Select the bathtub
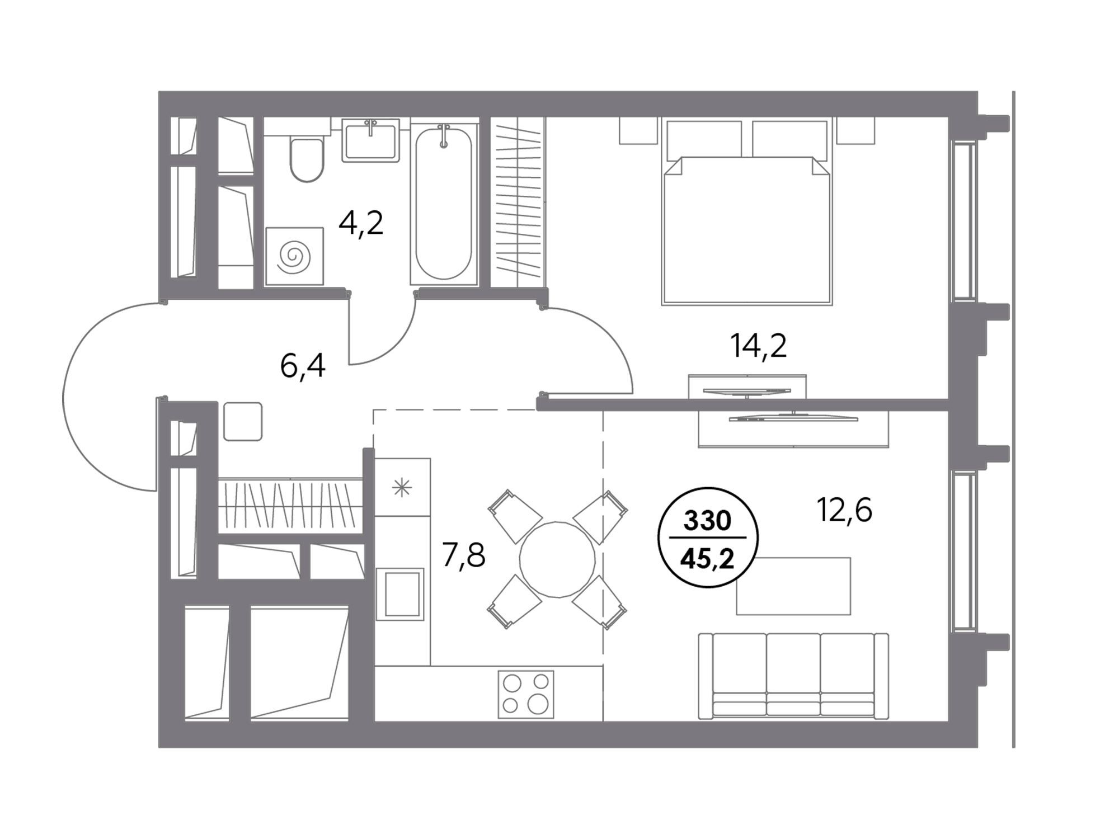444,204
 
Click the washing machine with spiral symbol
294,256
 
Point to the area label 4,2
361,223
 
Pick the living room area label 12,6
845,510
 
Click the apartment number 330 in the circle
708,521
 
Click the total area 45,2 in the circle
708,558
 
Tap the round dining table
557,560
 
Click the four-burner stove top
526,694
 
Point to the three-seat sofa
793,676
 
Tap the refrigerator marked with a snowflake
402,487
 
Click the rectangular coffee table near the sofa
793,586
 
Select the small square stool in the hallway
243,421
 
